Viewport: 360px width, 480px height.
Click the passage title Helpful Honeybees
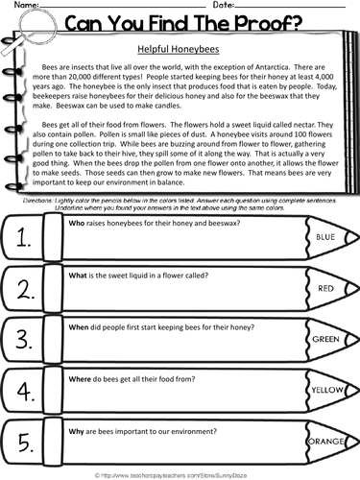pos(180,45)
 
